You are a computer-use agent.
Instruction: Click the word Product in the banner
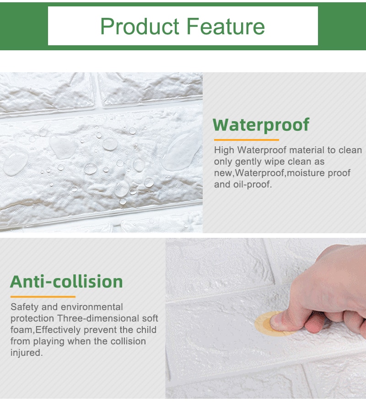coord(140,26)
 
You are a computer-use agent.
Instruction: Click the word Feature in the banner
coord(226,26)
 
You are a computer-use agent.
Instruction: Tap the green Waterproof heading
coord(261,125)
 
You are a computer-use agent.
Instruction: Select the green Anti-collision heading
coord(66,282)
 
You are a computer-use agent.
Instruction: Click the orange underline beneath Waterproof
coord(247,140)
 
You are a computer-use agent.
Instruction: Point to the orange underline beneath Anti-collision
coord(43,297)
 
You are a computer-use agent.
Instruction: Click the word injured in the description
coord(27,353)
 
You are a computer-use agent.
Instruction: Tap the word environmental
coord(92,307)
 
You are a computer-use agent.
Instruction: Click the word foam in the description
coord(22,330)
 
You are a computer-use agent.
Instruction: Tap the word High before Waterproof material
coord(224,150)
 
